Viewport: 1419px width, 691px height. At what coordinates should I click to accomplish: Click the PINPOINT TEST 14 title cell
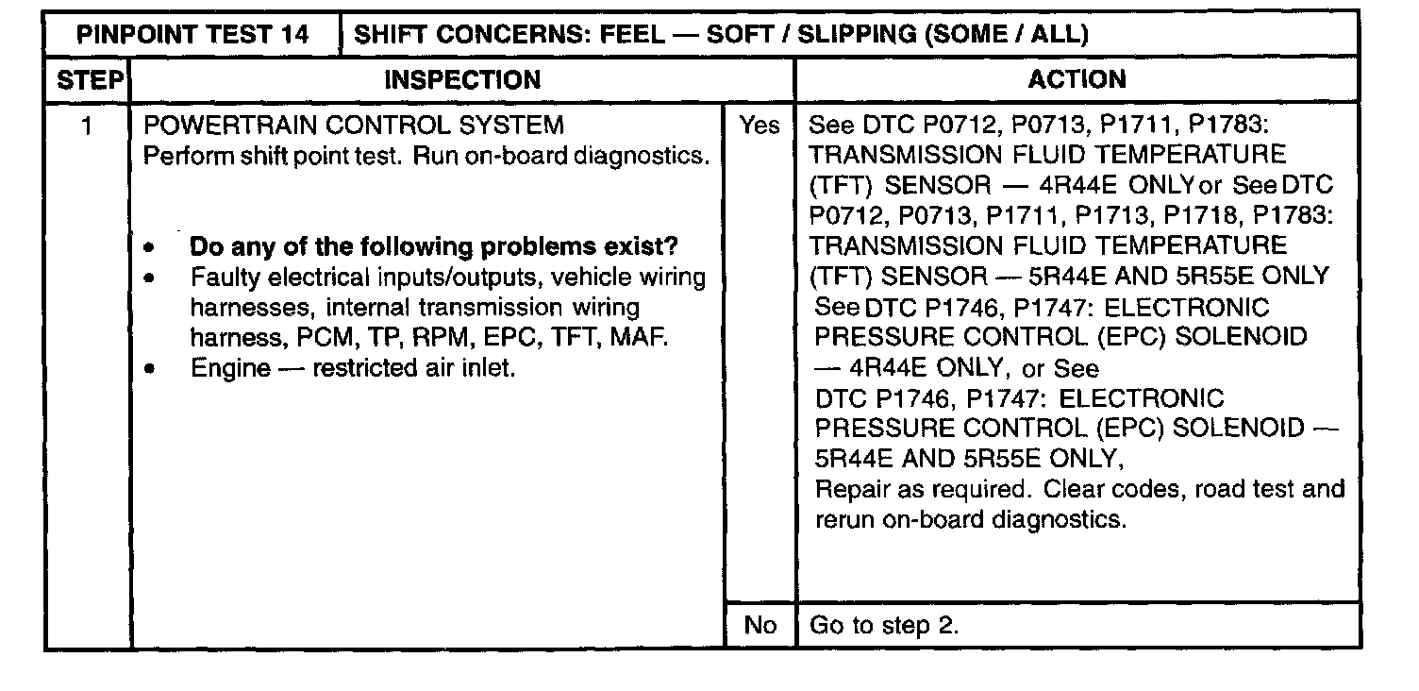tap(192, 35)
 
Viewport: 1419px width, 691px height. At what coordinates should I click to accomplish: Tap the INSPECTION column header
tap(462, 80)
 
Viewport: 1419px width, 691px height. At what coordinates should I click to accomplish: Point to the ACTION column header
tap(1077, 80)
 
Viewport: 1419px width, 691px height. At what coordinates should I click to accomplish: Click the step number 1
tap(87, 125)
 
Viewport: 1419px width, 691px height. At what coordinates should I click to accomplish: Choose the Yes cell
tap(760, 125)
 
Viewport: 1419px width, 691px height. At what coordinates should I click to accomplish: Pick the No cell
tap(760, 626)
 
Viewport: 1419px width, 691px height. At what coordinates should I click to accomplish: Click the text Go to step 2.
tap(884, 626)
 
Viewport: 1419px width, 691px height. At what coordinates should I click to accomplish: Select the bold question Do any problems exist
tap(434, 247)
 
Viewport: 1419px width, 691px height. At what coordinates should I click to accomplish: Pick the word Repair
tap(851, 490)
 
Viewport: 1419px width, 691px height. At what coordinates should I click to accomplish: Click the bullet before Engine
tap(150, 369)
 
